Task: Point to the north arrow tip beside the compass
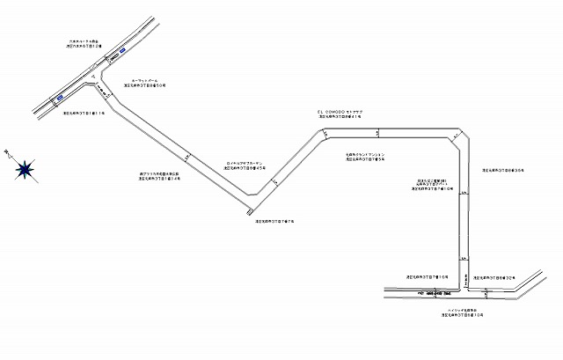coord(6,151)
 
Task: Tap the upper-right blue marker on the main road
coord(115,58)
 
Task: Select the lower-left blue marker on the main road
coord(59,99)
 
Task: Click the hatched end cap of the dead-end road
coord(251,209)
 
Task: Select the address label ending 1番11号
coord(84,114)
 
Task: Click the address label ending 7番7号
coord(274,221)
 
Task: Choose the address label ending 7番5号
coord(365,159)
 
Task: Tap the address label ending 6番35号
coord(502,169)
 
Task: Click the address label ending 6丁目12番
coord(85,45)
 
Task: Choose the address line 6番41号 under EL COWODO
coord(339,117)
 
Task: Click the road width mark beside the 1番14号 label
coord(186,158)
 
